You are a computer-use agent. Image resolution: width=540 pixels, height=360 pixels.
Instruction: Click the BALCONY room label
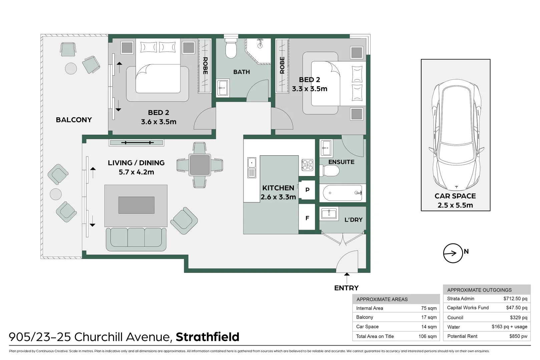(x=74, y=120)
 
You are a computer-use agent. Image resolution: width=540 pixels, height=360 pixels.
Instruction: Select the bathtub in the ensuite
(x=343, y=193)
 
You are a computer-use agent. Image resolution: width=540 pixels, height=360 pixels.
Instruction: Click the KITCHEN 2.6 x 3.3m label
(x=278, y=192)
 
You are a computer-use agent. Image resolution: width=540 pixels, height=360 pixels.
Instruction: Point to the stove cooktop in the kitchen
(x=307, y=165)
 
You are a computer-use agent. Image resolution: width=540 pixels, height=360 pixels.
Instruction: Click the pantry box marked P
(x=307, y=190)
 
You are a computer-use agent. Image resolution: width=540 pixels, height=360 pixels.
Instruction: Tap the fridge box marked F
(x=307, y=218)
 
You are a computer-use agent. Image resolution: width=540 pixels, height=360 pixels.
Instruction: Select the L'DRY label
(x=353, y=220)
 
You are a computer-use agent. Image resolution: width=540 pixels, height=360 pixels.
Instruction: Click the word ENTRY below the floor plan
(x=346, y=288)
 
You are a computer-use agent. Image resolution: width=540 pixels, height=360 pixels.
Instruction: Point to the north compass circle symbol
(x=453, y=253)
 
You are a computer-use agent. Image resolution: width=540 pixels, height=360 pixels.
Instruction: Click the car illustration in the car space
(x=456, y=137)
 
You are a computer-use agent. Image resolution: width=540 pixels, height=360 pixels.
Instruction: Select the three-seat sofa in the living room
(x=136, y=239)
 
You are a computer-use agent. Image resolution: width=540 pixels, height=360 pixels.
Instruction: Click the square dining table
(x=199, y=165)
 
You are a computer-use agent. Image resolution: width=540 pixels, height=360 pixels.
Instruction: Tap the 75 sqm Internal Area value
(x=429, y=308)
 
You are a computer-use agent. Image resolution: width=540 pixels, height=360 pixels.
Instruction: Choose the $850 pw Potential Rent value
(x=518, y=336)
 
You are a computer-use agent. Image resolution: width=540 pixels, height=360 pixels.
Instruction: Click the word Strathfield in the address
(x=207, y=337)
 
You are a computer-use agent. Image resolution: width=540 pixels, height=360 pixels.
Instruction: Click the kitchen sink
(x=251, y=168)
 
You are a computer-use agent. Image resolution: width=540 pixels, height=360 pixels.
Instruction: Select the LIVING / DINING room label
(x=136, y=163)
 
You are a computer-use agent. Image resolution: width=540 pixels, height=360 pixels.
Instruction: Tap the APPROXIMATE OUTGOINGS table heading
(x=479, y=290)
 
